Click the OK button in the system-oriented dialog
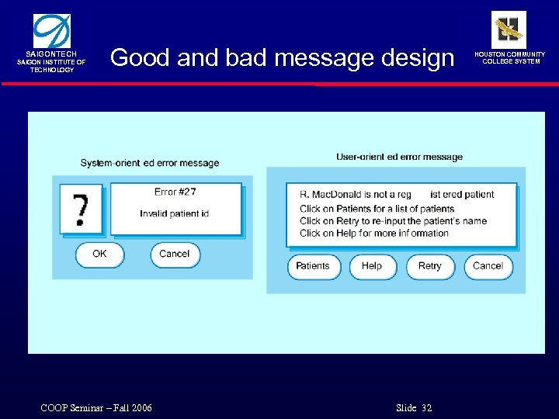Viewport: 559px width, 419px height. (99, 255)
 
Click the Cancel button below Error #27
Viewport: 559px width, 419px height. (175, 255)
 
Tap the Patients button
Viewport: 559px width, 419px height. (314, 266)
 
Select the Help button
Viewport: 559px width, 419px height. (372, 266)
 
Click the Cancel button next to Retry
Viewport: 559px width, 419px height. (488, 266)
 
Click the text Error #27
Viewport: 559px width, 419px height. (175, 192)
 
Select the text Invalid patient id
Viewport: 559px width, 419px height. (175, 214)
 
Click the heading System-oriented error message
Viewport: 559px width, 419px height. (150, 163)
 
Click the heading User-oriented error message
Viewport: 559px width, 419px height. (399, 157)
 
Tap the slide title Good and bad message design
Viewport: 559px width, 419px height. (282, 57)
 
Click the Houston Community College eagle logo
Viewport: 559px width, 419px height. (509, 29)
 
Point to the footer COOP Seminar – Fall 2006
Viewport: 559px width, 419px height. (96, 408)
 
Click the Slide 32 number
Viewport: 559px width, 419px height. (414, 408)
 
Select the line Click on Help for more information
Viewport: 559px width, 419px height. (374, 233)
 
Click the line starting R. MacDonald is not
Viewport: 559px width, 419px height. (396, 195)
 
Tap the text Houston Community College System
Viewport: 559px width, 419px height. (513, 58)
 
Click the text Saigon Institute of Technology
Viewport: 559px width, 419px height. (52, 66)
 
